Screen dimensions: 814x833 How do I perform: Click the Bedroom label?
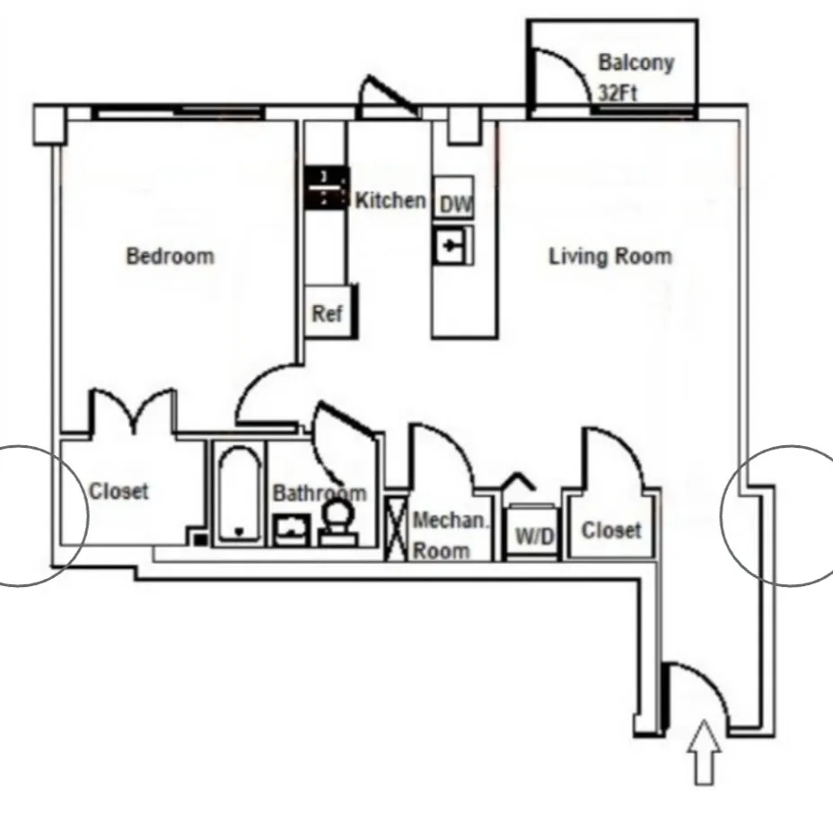tap(171, 257)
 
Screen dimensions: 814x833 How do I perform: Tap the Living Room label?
tap(609, 257)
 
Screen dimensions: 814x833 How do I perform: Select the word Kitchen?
tap(390, 199)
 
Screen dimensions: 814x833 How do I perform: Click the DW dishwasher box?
tap(455, 205)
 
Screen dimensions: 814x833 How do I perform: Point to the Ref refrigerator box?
tap(327, 314)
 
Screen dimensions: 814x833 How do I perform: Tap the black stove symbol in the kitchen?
tap(325, 188)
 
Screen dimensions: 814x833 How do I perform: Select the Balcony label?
tap(636, 63)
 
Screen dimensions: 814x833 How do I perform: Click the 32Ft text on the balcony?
tap(617, 92)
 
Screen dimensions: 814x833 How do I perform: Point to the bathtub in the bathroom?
tap(238, 494)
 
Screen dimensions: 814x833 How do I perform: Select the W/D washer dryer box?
tap(535, 536)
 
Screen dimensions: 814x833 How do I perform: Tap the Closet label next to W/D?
tap(611, 530)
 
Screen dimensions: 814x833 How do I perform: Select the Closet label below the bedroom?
tap(118, 492)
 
